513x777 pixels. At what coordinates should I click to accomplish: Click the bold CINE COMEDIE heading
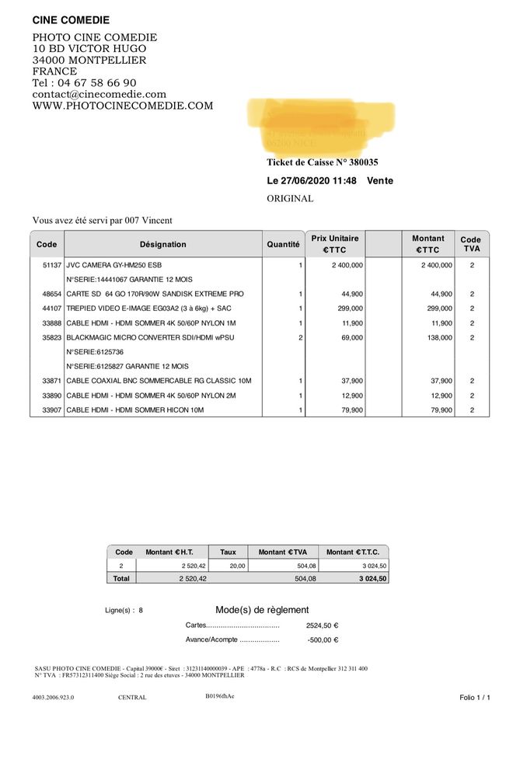71,20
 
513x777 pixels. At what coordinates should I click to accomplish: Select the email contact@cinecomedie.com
99,95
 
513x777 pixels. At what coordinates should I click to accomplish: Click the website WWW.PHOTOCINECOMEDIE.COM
122,106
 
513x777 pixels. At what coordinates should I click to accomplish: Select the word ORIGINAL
290,199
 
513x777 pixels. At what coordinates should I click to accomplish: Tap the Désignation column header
163,245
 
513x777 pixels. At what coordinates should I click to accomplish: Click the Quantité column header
283,245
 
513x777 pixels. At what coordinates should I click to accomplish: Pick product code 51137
51,265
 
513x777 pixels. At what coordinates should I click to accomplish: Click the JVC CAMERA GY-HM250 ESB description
113,265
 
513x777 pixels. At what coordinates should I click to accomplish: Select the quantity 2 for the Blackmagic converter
300,338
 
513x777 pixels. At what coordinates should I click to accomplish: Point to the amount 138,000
437,338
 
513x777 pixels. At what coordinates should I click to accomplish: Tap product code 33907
51,409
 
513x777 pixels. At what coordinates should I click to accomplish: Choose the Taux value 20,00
236,566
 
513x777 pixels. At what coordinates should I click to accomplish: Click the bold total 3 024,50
372,579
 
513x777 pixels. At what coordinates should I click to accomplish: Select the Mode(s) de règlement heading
262,610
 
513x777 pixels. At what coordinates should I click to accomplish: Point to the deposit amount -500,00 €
323,640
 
